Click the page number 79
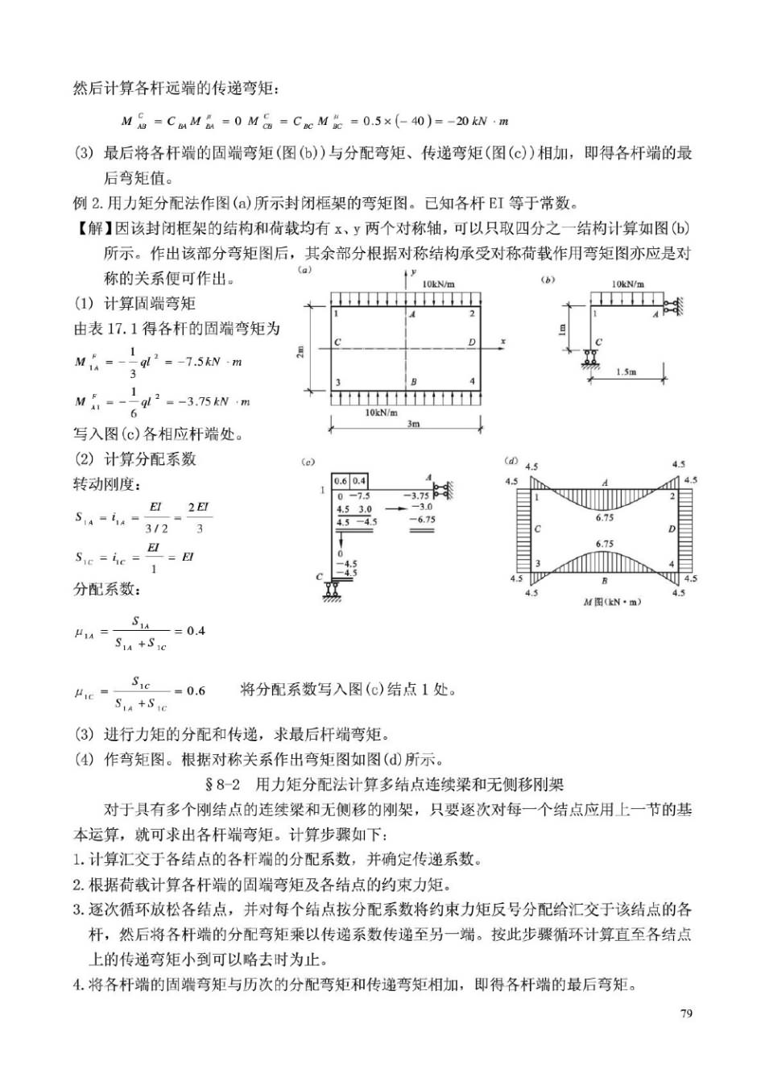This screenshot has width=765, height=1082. (x=685, y=1013)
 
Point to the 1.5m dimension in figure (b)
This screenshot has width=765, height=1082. (x=626, y=372)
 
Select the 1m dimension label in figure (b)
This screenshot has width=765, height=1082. (x=563, y=329)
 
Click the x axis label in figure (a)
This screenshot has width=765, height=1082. (x=503, y=342)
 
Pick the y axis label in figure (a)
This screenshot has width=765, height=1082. (x=413, y=273)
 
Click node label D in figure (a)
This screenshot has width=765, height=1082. (x=471, y=342)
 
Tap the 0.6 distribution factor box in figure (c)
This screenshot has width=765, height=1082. (x=341, y=481)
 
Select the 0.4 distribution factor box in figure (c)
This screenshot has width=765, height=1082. (x=359, y=481)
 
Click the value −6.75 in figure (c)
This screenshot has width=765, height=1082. (x=422, y=520)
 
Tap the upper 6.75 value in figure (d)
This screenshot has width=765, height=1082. (x=604, y=518)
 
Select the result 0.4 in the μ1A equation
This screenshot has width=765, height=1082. (x=196, y=630)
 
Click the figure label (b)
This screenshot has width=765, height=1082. (x=549, y=280)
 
